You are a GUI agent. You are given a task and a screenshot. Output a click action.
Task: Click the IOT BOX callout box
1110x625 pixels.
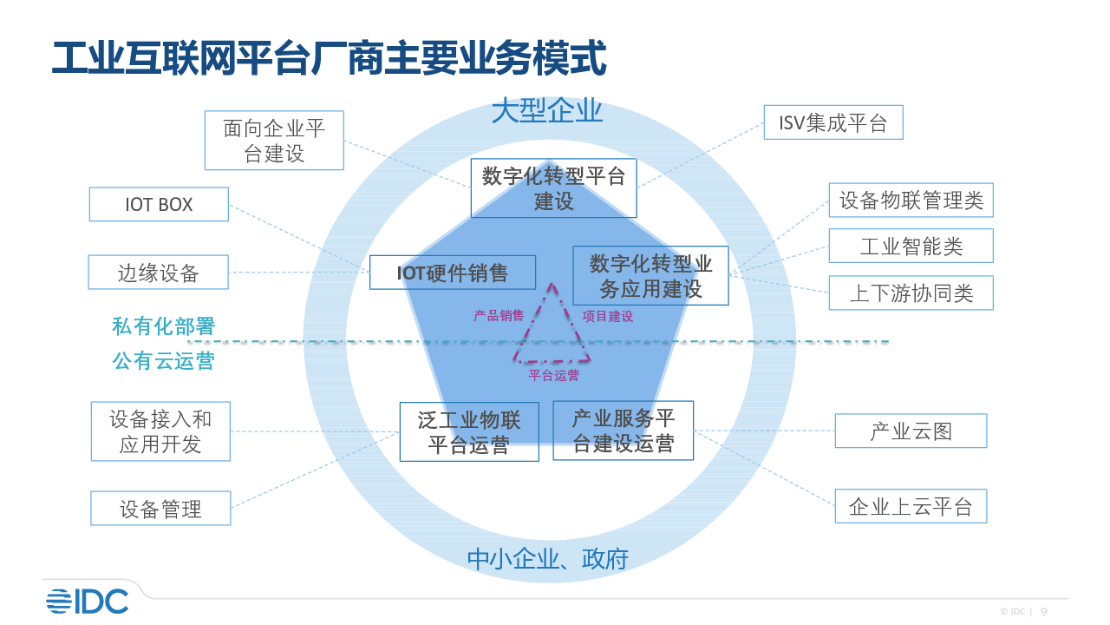pos(159,205)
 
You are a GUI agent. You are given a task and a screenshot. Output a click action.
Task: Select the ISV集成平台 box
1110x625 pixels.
pos(833,123)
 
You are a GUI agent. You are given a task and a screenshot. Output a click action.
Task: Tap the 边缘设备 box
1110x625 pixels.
pos(159,273)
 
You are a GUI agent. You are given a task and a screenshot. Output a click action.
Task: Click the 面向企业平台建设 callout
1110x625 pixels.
pos(274,141)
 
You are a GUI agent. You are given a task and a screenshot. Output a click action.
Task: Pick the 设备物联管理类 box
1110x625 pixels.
pos(911,201)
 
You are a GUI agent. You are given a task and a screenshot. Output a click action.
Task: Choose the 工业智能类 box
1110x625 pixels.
pos(911,247)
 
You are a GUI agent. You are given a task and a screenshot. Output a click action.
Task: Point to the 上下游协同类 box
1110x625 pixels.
pos(911,293)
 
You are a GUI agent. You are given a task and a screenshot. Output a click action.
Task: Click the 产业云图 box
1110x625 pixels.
pos(911,431)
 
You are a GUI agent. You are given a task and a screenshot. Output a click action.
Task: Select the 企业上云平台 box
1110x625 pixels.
pos(911,507)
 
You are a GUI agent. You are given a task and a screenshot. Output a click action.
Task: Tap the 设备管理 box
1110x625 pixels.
pos(160,509)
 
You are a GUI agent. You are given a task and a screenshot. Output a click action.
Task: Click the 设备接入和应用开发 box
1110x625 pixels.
pos(160,431)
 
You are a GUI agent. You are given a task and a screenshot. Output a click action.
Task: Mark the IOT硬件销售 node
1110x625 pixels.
pos(453,273)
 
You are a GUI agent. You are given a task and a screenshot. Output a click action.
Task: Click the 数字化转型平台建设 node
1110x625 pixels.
pos(553,188)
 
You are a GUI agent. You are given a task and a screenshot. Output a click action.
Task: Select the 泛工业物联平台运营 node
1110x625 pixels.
pos(469,432)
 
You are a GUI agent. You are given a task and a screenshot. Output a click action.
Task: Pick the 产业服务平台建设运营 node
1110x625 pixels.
pos(623,431)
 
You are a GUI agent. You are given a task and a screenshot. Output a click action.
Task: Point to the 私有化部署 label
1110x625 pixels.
pos(163,326)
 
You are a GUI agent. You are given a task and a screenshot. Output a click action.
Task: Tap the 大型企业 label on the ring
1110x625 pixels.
pos(546,112)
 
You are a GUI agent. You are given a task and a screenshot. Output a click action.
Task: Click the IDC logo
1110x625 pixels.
pos(87,601)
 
